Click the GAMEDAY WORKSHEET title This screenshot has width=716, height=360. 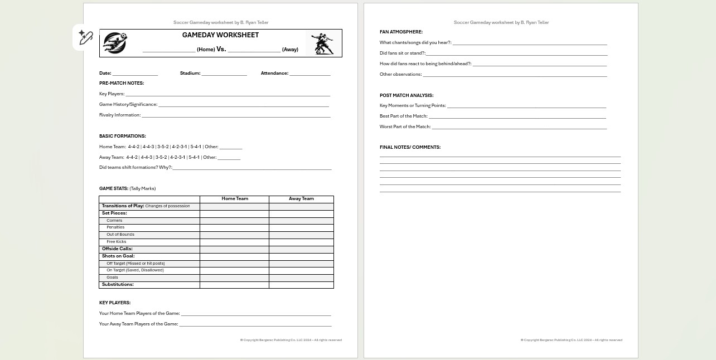220,35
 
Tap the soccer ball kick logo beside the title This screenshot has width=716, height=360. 115,43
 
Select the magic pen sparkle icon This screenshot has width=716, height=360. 85,37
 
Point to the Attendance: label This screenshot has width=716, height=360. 274,73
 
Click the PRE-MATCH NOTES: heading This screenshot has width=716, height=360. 122,83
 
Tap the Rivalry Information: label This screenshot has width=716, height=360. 120,115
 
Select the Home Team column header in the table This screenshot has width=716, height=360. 235,199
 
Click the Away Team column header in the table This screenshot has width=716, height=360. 301,199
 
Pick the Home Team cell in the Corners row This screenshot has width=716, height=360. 234,221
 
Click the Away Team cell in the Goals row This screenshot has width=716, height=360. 301,278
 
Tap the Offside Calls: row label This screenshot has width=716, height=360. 117,249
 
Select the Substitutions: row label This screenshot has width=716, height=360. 118,285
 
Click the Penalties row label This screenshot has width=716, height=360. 115,227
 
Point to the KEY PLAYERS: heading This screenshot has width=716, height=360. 115,303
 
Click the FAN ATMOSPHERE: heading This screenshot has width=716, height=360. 401,32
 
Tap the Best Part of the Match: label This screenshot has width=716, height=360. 404,116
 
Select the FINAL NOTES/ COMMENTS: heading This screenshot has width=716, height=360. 410,147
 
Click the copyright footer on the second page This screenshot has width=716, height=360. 571,340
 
